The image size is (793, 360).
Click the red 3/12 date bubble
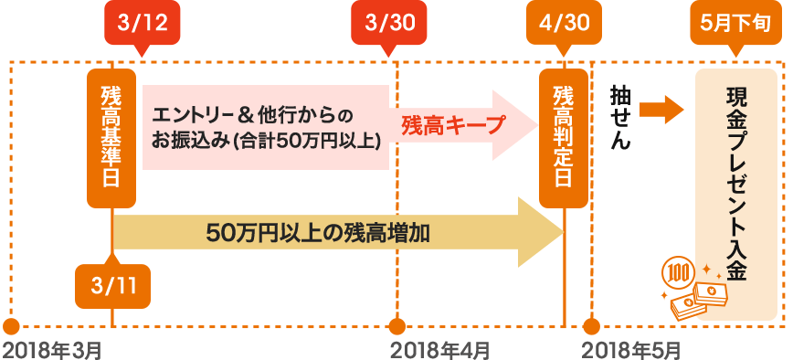(143, 25)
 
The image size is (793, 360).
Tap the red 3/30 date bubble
(389, 25)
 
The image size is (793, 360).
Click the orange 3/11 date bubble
(112, 283)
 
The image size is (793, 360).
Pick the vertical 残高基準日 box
(111, 138)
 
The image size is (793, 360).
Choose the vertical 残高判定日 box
(564, 138)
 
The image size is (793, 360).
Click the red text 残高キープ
(453, 125)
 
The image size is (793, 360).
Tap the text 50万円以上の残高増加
(318, 234)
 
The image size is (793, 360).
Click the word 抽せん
(620, 117)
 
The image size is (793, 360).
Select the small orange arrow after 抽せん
(661, 110)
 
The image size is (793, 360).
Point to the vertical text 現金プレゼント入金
(735, 184)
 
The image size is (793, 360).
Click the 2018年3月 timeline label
(53, 349)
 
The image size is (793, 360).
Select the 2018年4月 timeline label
(440, 349)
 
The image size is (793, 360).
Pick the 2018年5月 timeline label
(631, 349)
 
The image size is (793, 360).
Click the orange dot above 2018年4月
(397, 326)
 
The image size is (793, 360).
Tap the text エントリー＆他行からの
(251, 116)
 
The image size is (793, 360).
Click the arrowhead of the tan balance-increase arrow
(541, 233)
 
